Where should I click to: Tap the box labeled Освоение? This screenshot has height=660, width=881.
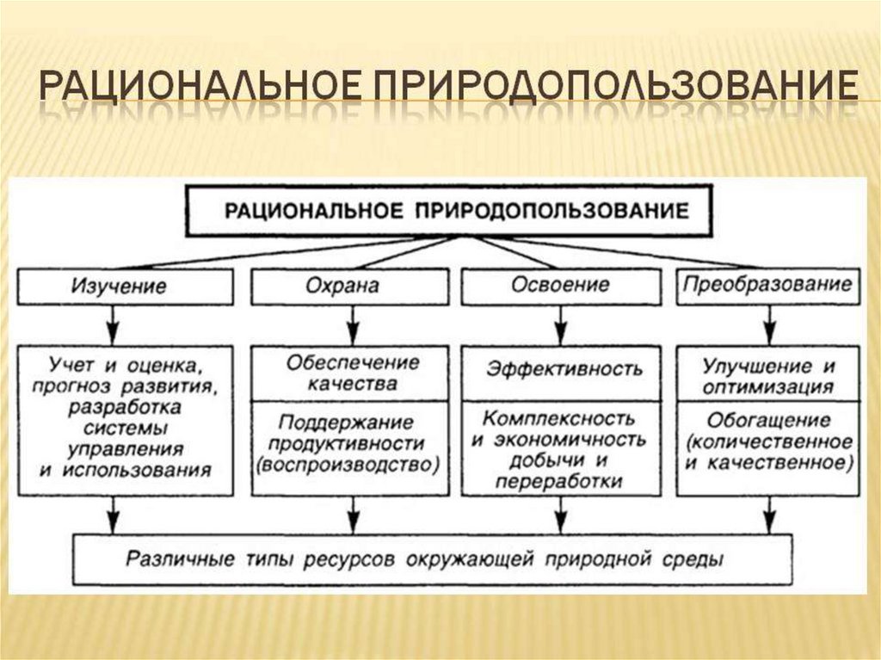coord(559,287)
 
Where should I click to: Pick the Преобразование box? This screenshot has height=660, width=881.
coord(768,285)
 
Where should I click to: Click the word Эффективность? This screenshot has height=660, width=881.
coord(564,369)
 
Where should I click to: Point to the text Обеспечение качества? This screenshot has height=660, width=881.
coord(348,372)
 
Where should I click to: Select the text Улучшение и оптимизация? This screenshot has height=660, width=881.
coord(768,375)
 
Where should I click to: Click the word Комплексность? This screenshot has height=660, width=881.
coord(559,419)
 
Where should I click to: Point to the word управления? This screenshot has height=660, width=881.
coord(126,448)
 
